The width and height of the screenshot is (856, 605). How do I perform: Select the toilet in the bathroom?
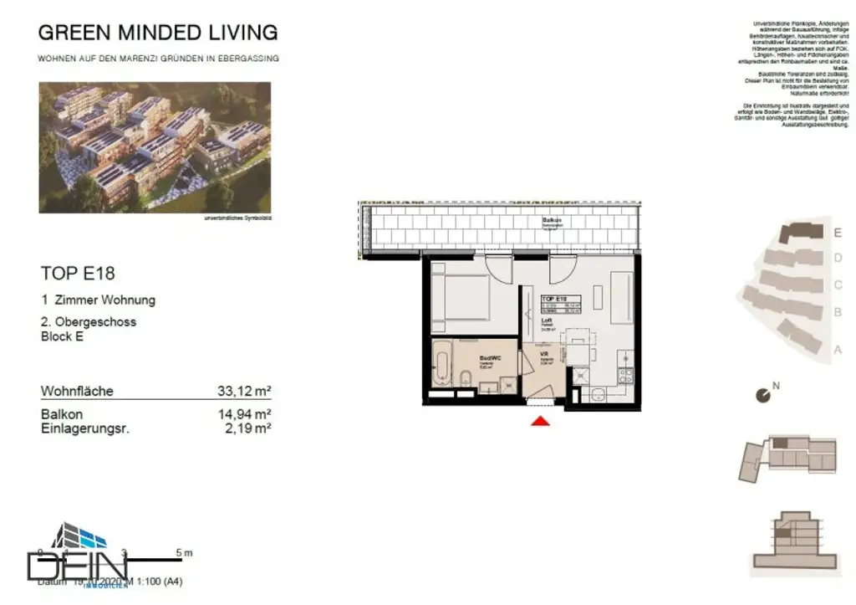tap(465, 378)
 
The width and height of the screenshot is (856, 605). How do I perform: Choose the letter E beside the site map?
tap(838, 233)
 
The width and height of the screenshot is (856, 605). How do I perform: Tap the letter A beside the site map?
tap(838, 350)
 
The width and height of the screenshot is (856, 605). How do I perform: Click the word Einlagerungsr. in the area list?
tap(85, 428)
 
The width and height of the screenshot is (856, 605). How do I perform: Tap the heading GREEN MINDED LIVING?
tap(158, 33)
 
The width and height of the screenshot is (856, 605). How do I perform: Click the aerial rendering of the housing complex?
tap(155, 146)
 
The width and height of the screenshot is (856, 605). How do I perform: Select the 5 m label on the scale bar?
tap(184, 552)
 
